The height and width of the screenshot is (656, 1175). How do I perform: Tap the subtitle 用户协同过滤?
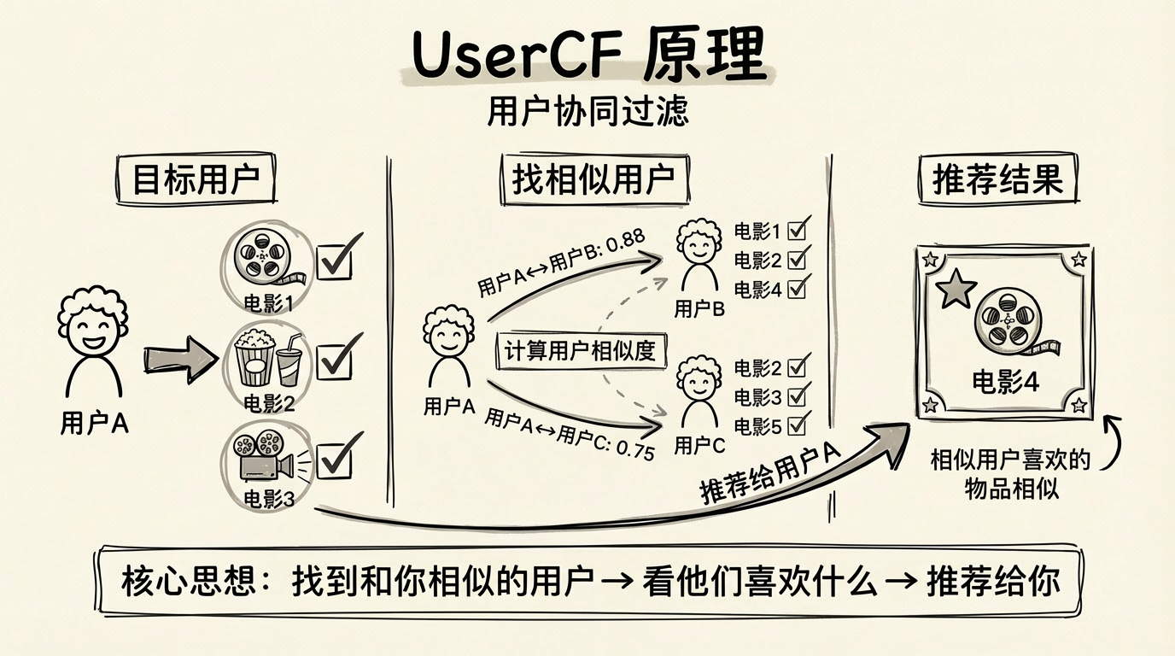tap(587, 113)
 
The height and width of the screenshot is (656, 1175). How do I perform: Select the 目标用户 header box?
tap(196, 180)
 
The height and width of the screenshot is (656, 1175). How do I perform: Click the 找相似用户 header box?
tap(593, 180)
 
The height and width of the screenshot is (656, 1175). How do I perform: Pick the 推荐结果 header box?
tap(997, 180)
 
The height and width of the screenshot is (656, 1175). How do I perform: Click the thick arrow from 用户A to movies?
tap(179, 354)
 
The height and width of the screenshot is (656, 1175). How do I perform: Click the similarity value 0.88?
tap(628, 239)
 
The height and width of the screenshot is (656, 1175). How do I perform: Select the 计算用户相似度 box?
tap(581, 351)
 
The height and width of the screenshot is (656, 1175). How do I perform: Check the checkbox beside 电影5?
tap(798, 424)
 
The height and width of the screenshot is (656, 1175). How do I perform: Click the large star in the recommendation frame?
tap(956, 289)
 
